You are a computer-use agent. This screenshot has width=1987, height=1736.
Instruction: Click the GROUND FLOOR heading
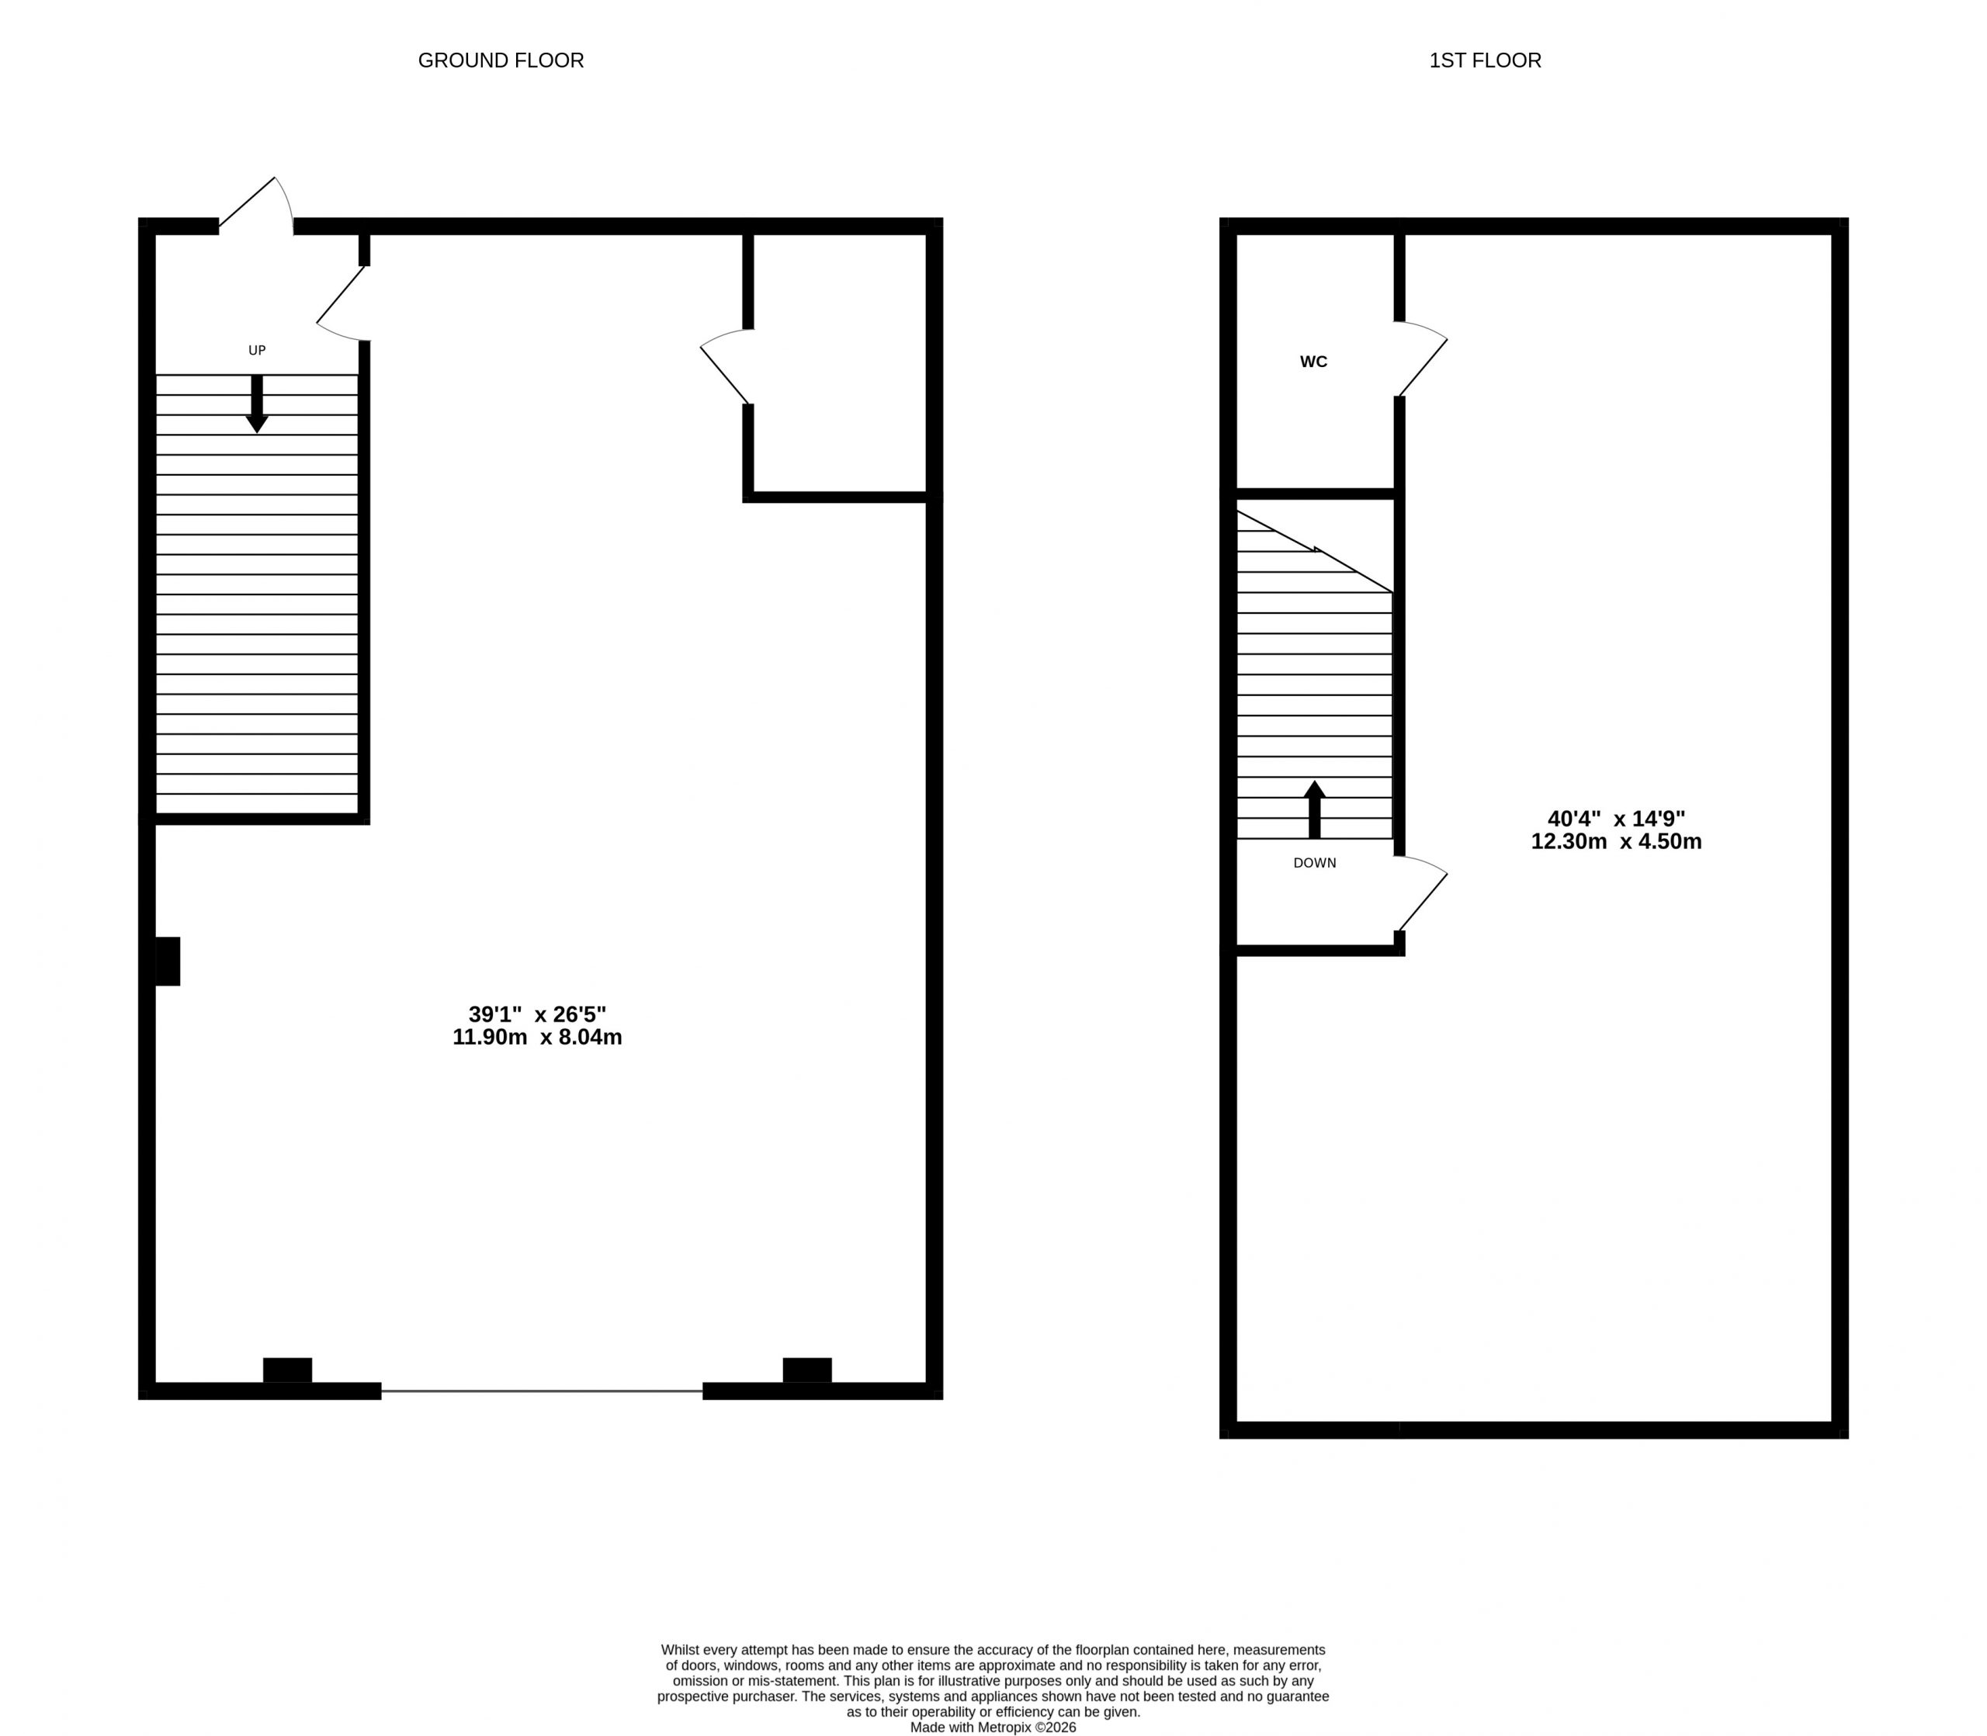click(x=501, y=60)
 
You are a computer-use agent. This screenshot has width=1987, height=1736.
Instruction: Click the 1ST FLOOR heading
click(x=1485, y=60)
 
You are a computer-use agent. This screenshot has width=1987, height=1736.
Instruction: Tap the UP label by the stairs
click(x=257, y=351)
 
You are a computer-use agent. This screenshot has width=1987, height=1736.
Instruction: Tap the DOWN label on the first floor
click(x=1315, y=863)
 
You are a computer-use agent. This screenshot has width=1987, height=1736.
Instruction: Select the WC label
click(x=1314, y=362)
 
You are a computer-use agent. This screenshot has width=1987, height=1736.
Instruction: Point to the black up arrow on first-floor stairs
click(x=1315, y=809)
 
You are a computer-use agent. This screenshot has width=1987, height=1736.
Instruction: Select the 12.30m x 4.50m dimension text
click(x=1616, y=842)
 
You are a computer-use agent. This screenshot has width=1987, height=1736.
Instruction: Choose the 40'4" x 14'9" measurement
click(x=1616, y=819)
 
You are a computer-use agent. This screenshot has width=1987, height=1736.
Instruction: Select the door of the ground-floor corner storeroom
click(x=726, y=366)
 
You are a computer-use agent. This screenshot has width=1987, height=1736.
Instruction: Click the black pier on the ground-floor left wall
click(x=168, y=961)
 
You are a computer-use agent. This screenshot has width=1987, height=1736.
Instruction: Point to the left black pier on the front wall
click(x=288, y=1370)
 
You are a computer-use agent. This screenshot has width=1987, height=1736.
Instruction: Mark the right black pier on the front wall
click(x=807, y=1370)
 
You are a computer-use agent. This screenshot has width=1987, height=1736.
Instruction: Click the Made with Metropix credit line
click(x=993, y=1727)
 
